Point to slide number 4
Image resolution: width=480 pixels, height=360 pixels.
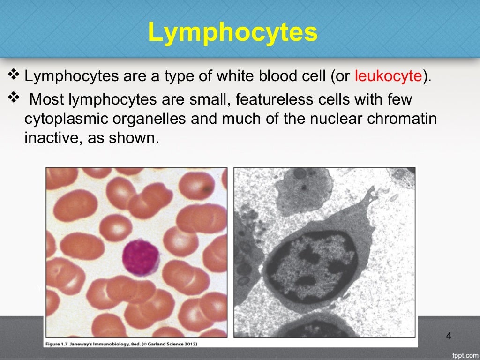coord(449,336)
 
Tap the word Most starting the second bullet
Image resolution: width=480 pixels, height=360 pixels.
coord(47,100)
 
